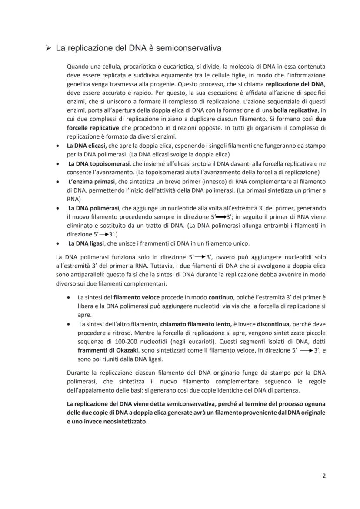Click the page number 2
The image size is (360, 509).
click(x=323, y=476)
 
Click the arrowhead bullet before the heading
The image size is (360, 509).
click(x=49, y=48)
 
